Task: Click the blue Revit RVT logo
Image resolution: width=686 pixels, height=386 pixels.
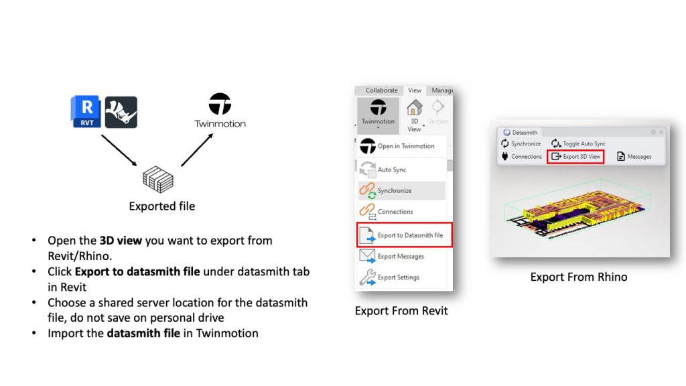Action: coord(86,112)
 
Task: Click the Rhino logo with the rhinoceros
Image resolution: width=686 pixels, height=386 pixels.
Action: coord(121,112)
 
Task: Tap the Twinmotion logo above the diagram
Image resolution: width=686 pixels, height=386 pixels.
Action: coord(220,110)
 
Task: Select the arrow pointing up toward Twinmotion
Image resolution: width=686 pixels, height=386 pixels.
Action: coord(198,149)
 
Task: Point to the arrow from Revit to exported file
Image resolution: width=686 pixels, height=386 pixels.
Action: coord(119,150)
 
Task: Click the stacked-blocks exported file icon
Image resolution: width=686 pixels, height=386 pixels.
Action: coord(158,180)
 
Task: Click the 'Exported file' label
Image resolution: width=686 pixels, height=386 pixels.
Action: coord(162,206)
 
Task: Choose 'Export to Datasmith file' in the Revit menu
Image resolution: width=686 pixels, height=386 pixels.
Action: coord(405,235)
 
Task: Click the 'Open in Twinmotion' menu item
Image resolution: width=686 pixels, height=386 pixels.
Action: coord(397,146)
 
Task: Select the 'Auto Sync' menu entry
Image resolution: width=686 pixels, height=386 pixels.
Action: coord(383,170)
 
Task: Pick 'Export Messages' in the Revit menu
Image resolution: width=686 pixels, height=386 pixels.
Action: coord(391,257)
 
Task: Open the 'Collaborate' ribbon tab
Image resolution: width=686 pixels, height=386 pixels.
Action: coord(381,90)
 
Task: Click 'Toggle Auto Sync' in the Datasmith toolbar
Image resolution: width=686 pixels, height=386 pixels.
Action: coord(578,143)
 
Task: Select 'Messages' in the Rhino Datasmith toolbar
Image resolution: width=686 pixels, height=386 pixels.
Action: coord(634,156)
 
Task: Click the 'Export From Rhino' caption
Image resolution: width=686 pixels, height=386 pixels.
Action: coord(578,277)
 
